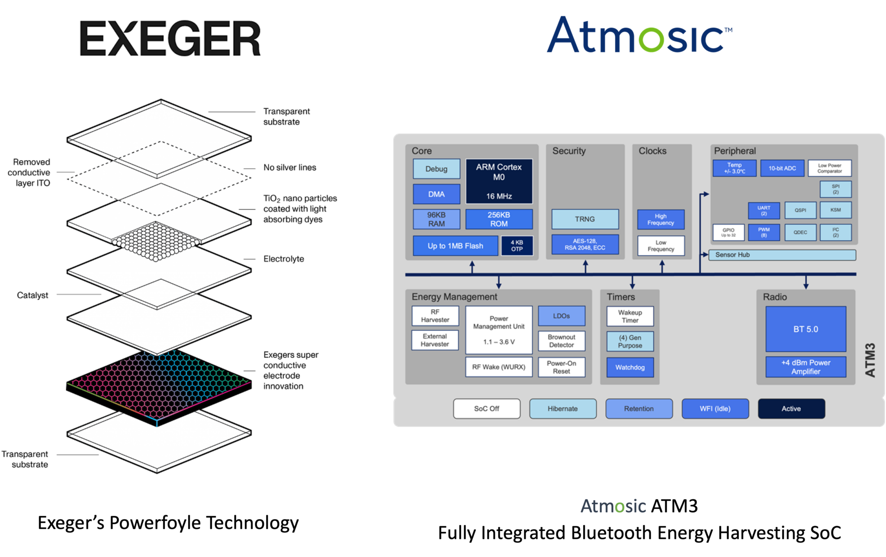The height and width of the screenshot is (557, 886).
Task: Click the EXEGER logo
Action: [x=170, y=38]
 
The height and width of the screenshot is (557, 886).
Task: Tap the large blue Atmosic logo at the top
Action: [x=639, y=36]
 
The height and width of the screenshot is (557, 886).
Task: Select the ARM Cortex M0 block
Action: [x=499, y=181]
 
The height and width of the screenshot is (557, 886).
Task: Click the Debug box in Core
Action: [x=436, y=169]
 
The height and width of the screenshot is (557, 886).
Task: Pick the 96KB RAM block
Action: [x=436, y=219]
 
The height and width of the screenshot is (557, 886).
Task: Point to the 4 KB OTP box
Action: [x=517, y=246]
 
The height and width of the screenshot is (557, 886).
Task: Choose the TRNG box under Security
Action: [x=584, y=219]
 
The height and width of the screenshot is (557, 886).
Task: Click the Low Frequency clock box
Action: [x=661, y=246]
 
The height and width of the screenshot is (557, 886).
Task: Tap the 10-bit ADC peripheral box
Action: [x=782, y=168]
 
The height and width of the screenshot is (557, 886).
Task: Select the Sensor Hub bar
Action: [x=782, y=255]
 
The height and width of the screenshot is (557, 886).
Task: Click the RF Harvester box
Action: [x=435, y=316]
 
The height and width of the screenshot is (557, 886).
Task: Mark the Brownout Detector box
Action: [x=561, y=341]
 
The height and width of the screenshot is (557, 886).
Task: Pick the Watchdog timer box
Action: [x=630, y=367]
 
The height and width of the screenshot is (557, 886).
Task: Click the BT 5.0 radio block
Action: [x=806, y=329]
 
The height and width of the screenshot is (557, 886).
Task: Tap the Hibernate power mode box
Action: [x=562, y=408]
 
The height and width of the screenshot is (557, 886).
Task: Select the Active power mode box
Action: [x=791, y=408]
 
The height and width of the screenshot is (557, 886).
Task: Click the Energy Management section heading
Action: [x=454, y=297]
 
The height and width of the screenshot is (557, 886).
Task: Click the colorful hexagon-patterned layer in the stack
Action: [x=159, y=383]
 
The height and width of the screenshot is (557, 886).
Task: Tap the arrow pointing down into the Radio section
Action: [x=806, y=283]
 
